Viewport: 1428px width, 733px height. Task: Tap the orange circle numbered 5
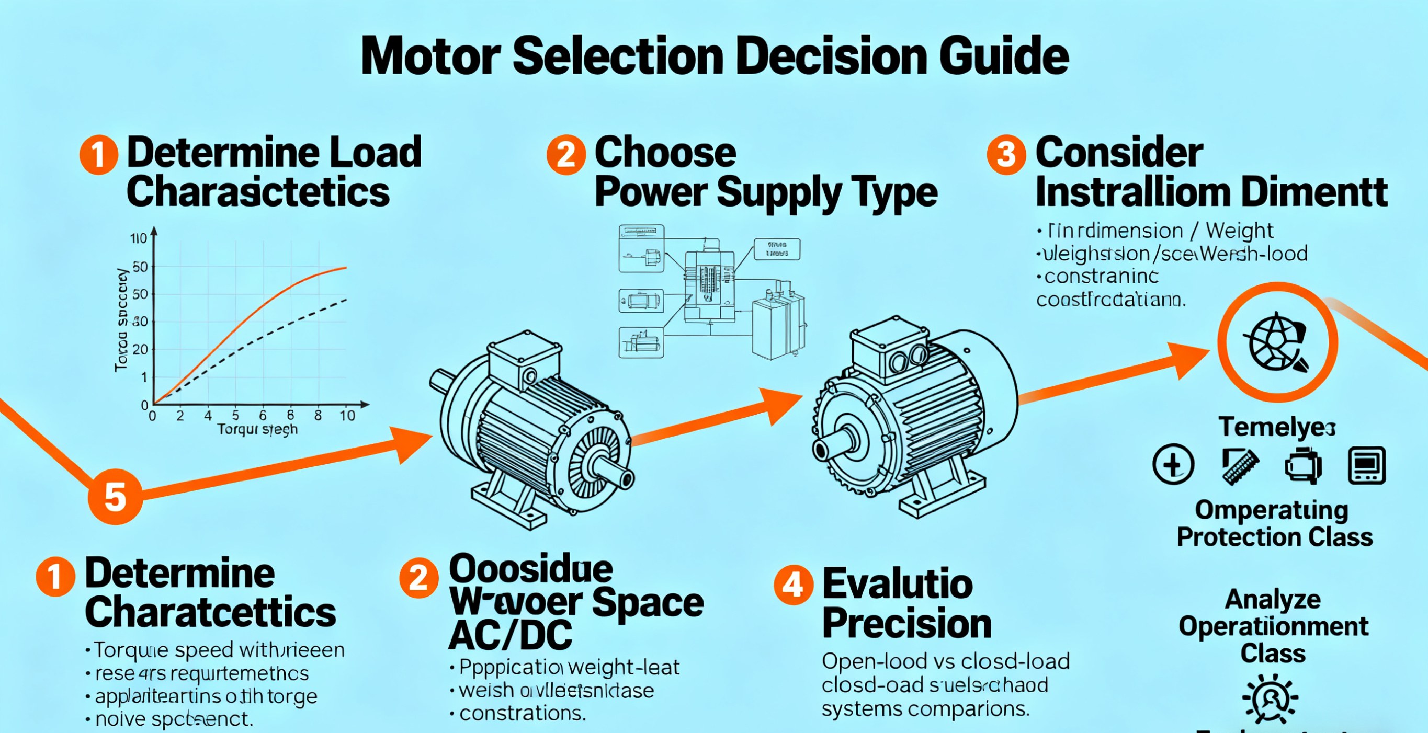115,497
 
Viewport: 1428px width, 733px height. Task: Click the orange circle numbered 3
1006,155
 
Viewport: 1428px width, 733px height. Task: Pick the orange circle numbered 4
794,585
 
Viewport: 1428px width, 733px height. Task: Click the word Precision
907,624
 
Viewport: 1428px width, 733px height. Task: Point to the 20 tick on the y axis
140,350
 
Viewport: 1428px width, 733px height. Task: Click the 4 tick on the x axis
208,416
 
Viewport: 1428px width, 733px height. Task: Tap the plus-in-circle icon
1173,464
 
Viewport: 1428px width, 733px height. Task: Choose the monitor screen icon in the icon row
1366,465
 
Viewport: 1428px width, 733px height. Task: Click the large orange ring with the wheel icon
1277,342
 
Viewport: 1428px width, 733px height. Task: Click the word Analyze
1273,600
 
